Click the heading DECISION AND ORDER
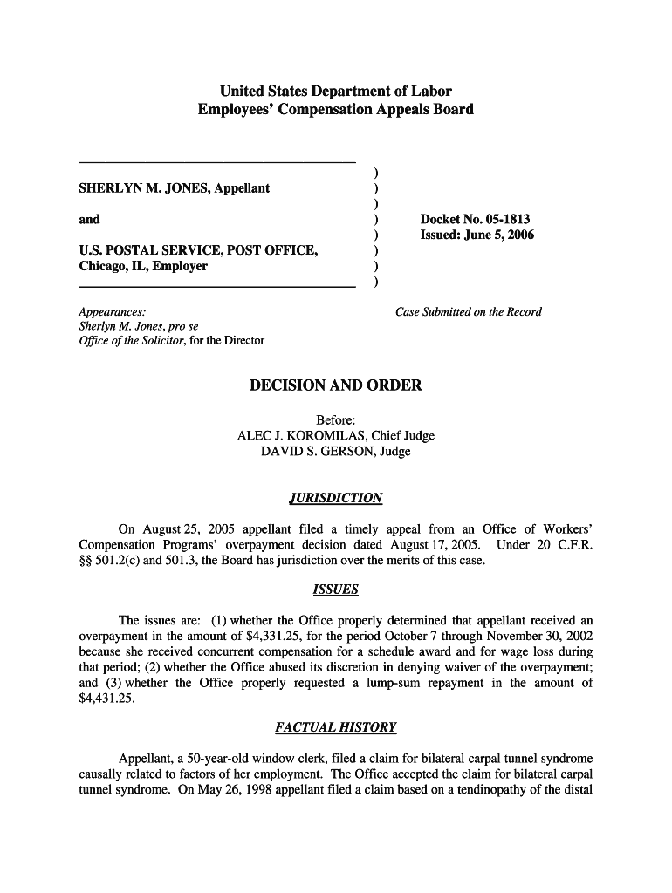click(335, 385)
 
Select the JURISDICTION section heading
click(335, 498)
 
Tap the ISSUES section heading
click(335, 590)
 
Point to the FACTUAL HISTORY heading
click(335, 726)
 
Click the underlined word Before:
click(335, 420)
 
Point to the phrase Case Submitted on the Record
click(469, 311)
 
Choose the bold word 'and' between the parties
click(90, 219)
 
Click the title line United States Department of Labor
click(335, 92)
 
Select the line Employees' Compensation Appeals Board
click(335, 110)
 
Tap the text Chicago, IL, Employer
click(143, 266)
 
